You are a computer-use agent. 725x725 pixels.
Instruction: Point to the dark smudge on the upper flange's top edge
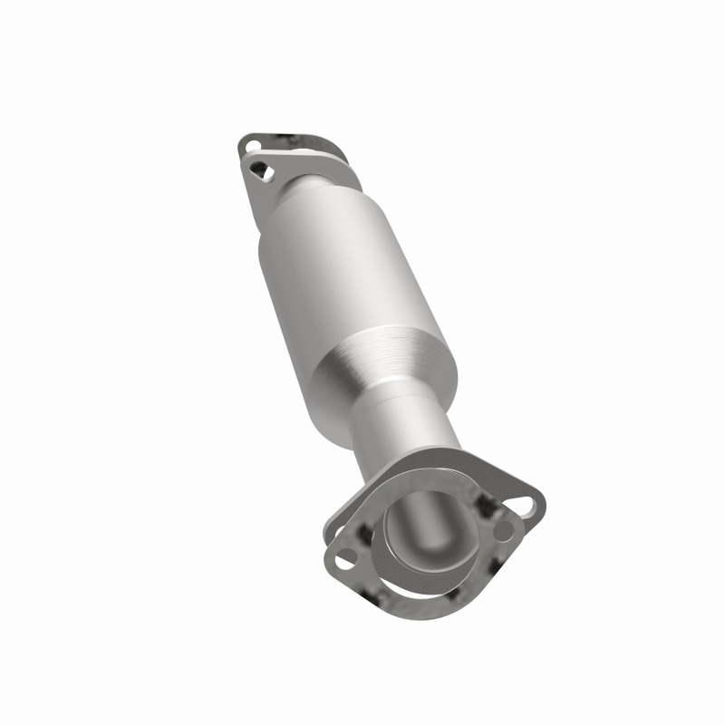tap(292, 139)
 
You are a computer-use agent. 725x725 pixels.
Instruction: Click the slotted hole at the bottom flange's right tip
tap(527, 499)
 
